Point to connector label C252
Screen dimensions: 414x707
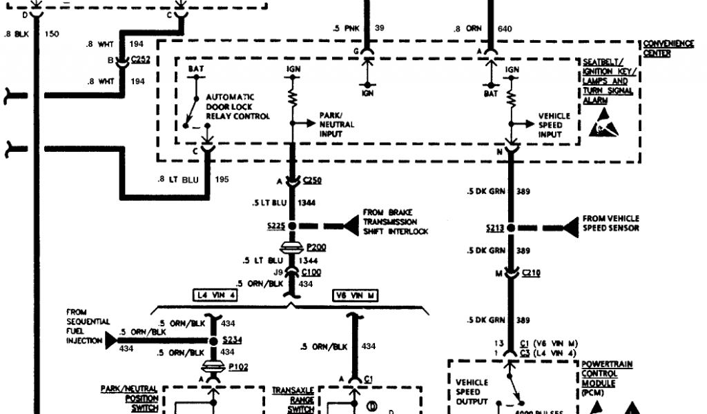point(141,60)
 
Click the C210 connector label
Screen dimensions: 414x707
point(531,273)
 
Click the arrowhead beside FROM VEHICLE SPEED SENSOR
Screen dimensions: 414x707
point(570,227)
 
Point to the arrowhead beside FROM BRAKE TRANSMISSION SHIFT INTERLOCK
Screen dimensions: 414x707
point(350,226)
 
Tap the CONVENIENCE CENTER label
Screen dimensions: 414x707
point(668,48)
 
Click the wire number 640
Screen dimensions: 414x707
point(505,28)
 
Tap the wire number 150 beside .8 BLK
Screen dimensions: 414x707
point(52,33)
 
